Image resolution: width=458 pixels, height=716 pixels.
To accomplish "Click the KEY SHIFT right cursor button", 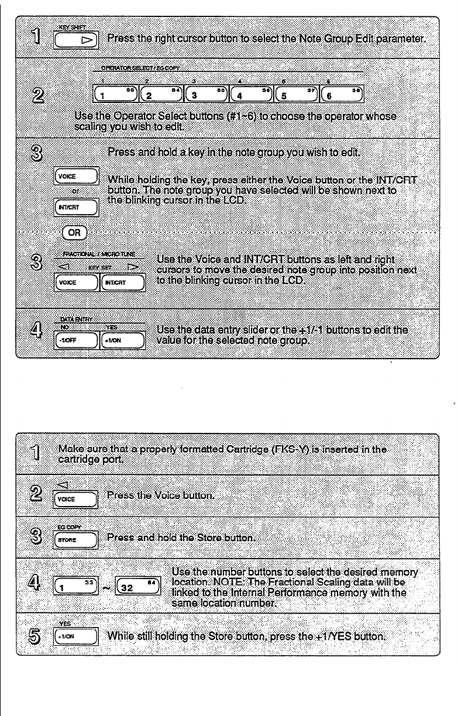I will pos(77,40).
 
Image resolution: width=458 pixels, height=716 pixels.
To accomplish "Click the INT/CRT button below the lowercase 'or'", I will pos(74,205).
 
